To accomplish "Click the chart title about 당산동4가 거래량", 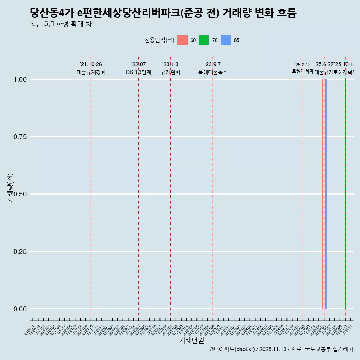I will [x=163, y=13].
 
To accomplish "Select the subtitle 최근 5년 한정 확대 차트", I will [x=64, y=24].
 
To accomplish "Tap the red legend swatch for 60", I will [x=182, y=40].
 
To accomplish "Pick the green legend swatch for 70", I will [x=204, y=40].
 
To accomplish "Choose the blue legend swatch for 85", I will [x=226, y=40].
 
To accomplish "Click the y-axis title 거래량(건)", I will [x=10, y=188].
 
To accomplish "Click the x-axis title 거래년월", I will [x=191, y=340].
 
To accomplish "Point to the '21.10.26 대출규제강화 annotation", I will [x=91, y=68].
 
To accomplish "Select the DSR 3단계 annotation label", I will [x=138, y=72].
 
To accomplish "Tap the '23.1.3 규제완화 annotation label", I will [x=171, y=68].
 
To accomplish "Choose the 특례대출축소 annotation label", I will [x=213, y=72].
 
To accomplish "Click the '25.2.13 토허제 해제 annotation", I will [x=303, y=68].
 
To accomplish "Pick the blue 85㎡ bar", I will [x=325, y=194].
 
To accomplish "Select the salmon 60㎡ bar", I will [x=322, y=194].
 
